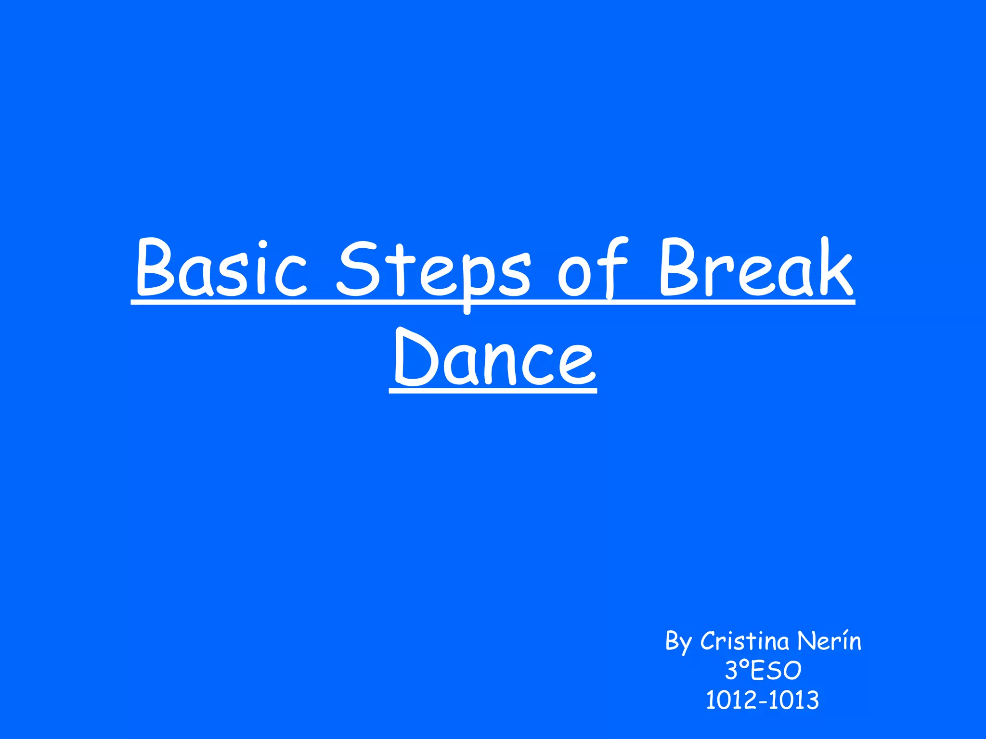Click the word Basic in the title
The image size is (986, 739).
tap(221, 267)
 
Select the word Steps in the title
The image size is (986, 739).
tap(433, 269)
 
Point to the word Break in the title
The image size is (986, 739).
tap(756, 267)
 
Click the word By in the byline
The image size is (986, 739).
tap(678, 642)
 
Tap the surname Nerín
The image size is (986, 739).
tap(829, 641)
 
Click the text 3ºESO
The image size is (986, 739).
tap(763, 670)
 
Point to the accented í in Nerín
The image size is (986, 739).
tap(842, 641)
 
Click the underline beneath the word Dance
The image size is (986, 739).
tap(493, 391)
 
